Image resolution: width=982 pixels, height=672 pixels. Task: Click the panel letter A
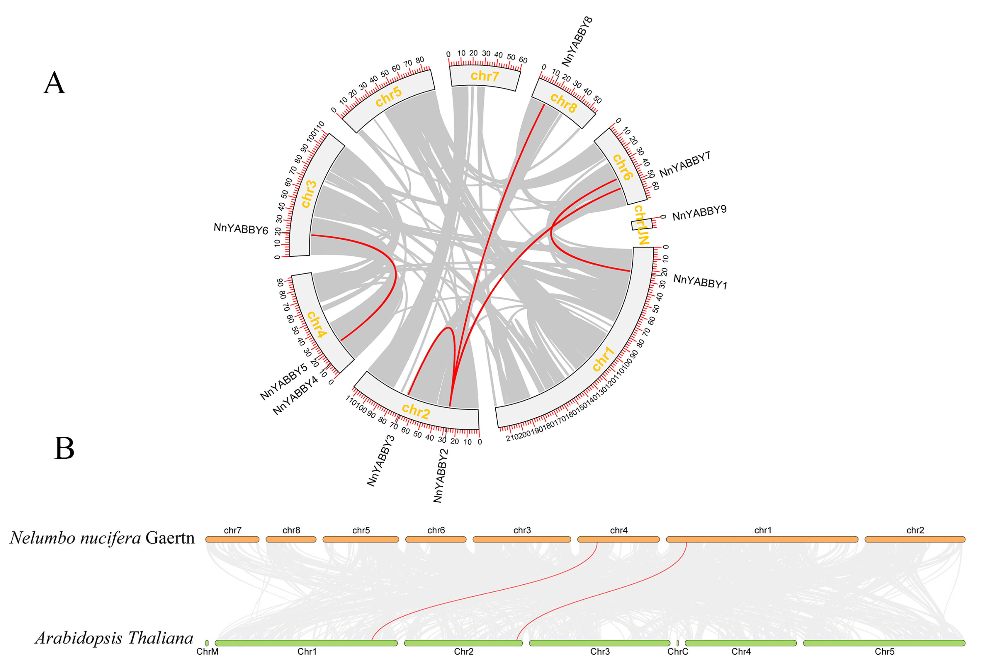55,83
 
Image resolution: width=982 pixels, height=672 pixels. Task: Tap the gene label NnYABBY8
577,41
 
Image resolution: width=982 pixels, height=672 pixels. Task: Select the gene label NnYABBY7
684,164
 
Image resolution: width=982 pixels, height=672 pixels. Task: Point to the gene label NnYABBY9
699,213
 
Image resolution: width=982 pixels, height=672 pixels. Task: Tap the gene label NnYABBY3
381,461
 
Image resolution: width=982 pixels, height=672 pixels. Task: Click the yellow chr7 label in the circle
485,76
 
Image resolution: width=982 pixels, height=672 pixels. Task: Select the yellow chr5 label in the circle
388,97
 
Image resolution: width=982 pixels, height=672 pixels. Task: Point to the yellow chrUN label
641,225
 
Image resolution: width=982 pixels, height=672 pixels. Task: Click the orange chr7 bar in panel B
232,539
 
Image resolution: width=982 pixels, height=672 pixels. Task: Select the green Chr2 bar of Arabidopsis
463,643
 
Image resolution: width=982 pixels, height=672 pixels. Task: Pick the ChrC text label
678,652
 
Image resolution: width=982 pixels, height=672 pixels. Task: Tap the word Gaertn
170,538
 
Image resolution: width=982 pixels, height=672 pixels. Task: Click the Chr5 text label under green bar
884,652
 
